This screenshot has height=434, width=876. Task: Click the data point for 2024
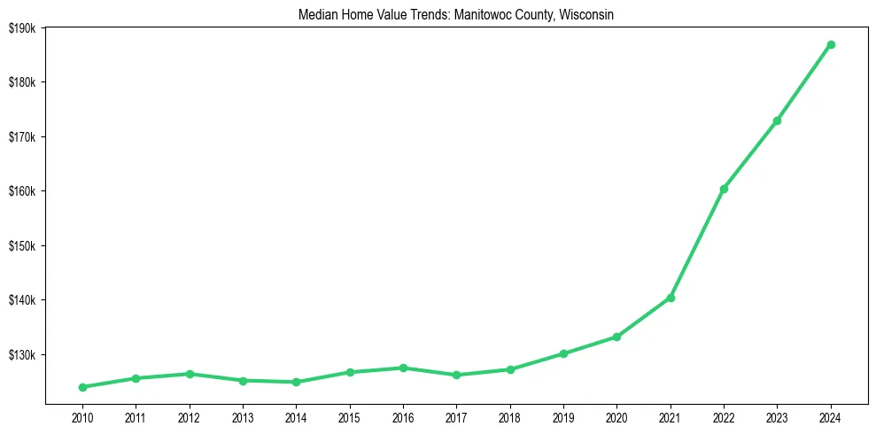click(831, 44)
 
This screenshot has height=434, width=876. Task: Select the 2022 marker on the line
click(724, 189)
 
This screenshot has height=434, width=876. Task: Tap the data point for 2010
click(82, 387)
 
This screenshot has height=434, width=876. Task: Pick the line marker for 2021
click(671, 298)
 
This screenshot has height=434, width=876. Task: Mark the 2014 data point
click(296, 382)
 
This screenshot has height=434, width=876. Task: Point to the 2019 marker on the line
click(563, 353)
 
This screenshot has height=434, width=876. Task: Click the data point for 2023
click(777, 120)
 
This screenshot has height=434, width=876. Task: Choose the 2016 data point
click(403, 368)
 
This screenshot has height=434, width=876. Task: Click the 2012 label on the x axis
click(189, 416)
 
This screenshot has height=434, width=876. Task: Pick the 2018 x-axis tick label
click(509, 416)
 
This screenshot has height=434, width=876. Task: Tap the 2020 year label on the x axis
click(616, 416)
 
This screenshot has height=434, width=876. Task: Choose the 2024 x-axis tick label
click(831, 416)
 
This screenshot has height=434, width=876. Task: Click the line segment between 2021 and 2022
click(697, 244)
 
